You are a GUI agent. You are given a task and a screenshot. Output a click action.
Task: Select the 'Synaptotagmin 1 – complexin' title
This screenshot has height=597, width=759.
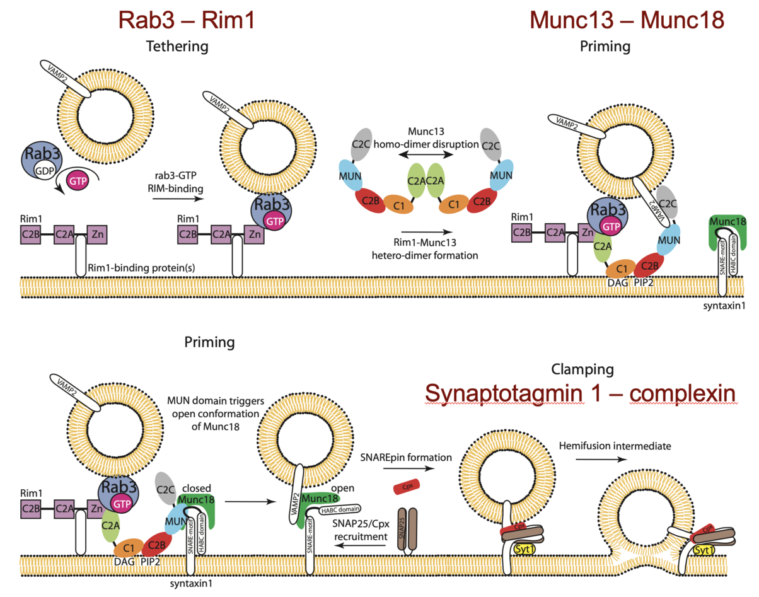coord(580,393)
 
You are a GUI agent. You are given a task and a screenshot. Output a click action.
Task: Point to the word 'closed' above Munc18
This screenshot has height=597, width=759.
coord(195,487)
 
